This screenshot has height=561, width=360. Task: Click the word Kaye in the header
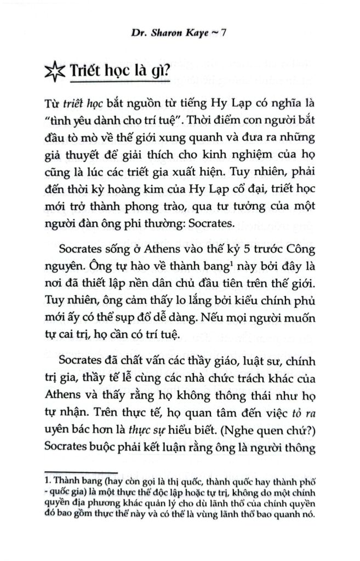coord(195,33)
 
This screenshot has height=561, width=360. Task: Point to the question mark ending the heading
coord(166,72)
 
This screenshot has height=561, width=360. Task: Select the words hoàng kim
coord(144,196)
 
